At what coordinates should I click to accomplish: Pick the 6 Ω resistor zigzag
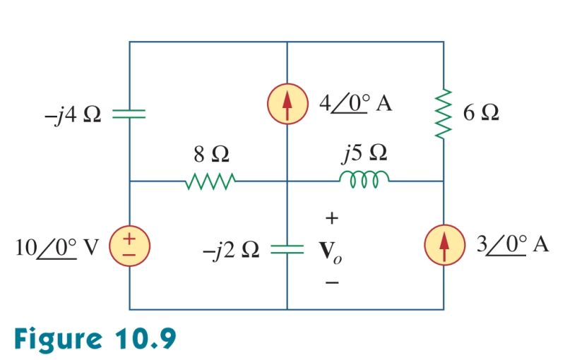click(x=444, y=114)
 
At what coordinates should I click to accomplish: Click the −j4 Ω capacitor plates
click(x=129, y=113)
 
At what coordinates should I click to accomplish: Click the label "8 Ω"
click(x=210, y=155)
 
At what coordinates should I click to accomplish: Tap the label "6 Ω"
click(x=481, y=113)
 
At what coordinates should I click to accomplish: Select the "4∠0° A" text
click(x=355, y=104)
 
